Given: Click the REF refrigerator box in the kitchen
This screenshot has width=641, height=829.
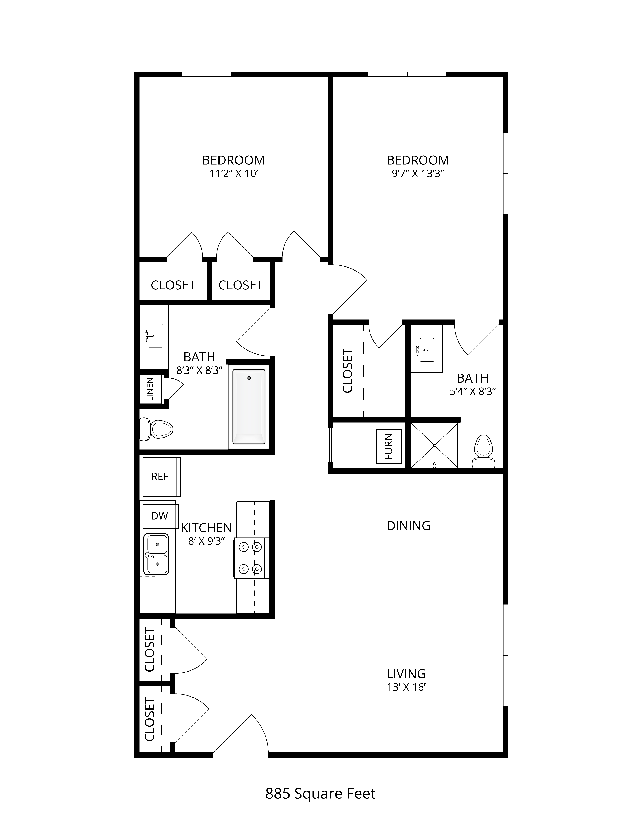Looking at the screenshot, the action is (x=161, y=477).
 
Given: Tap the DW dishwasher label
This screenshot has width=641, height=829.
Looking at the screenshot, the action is (x=160, y=516).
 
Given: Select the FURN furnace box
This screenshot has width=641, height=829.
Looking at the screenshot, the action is (x=389, y=446).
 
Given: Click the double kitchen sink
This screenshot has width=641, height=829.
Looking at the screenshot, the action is (x=156, y=554).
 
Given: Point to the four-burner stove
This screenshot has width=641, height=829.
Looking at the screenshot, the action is (x=251, y=558).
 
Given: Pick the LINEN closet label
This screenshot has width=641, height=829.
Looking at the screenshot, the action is (x=150, y=389).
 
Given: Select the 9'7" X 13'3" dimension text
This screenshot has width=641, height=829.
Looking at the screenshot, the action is (x=418, y=174).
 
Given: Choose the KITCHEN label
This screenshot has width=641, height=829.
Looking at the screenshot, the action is (x=206, y=528).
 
